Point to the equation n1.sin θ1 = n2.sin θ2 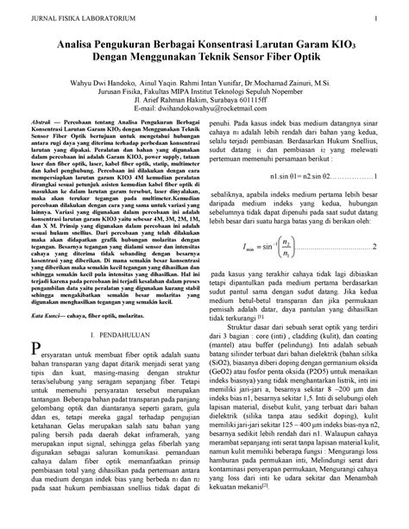pyautogui.click(x=275, y=197)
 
